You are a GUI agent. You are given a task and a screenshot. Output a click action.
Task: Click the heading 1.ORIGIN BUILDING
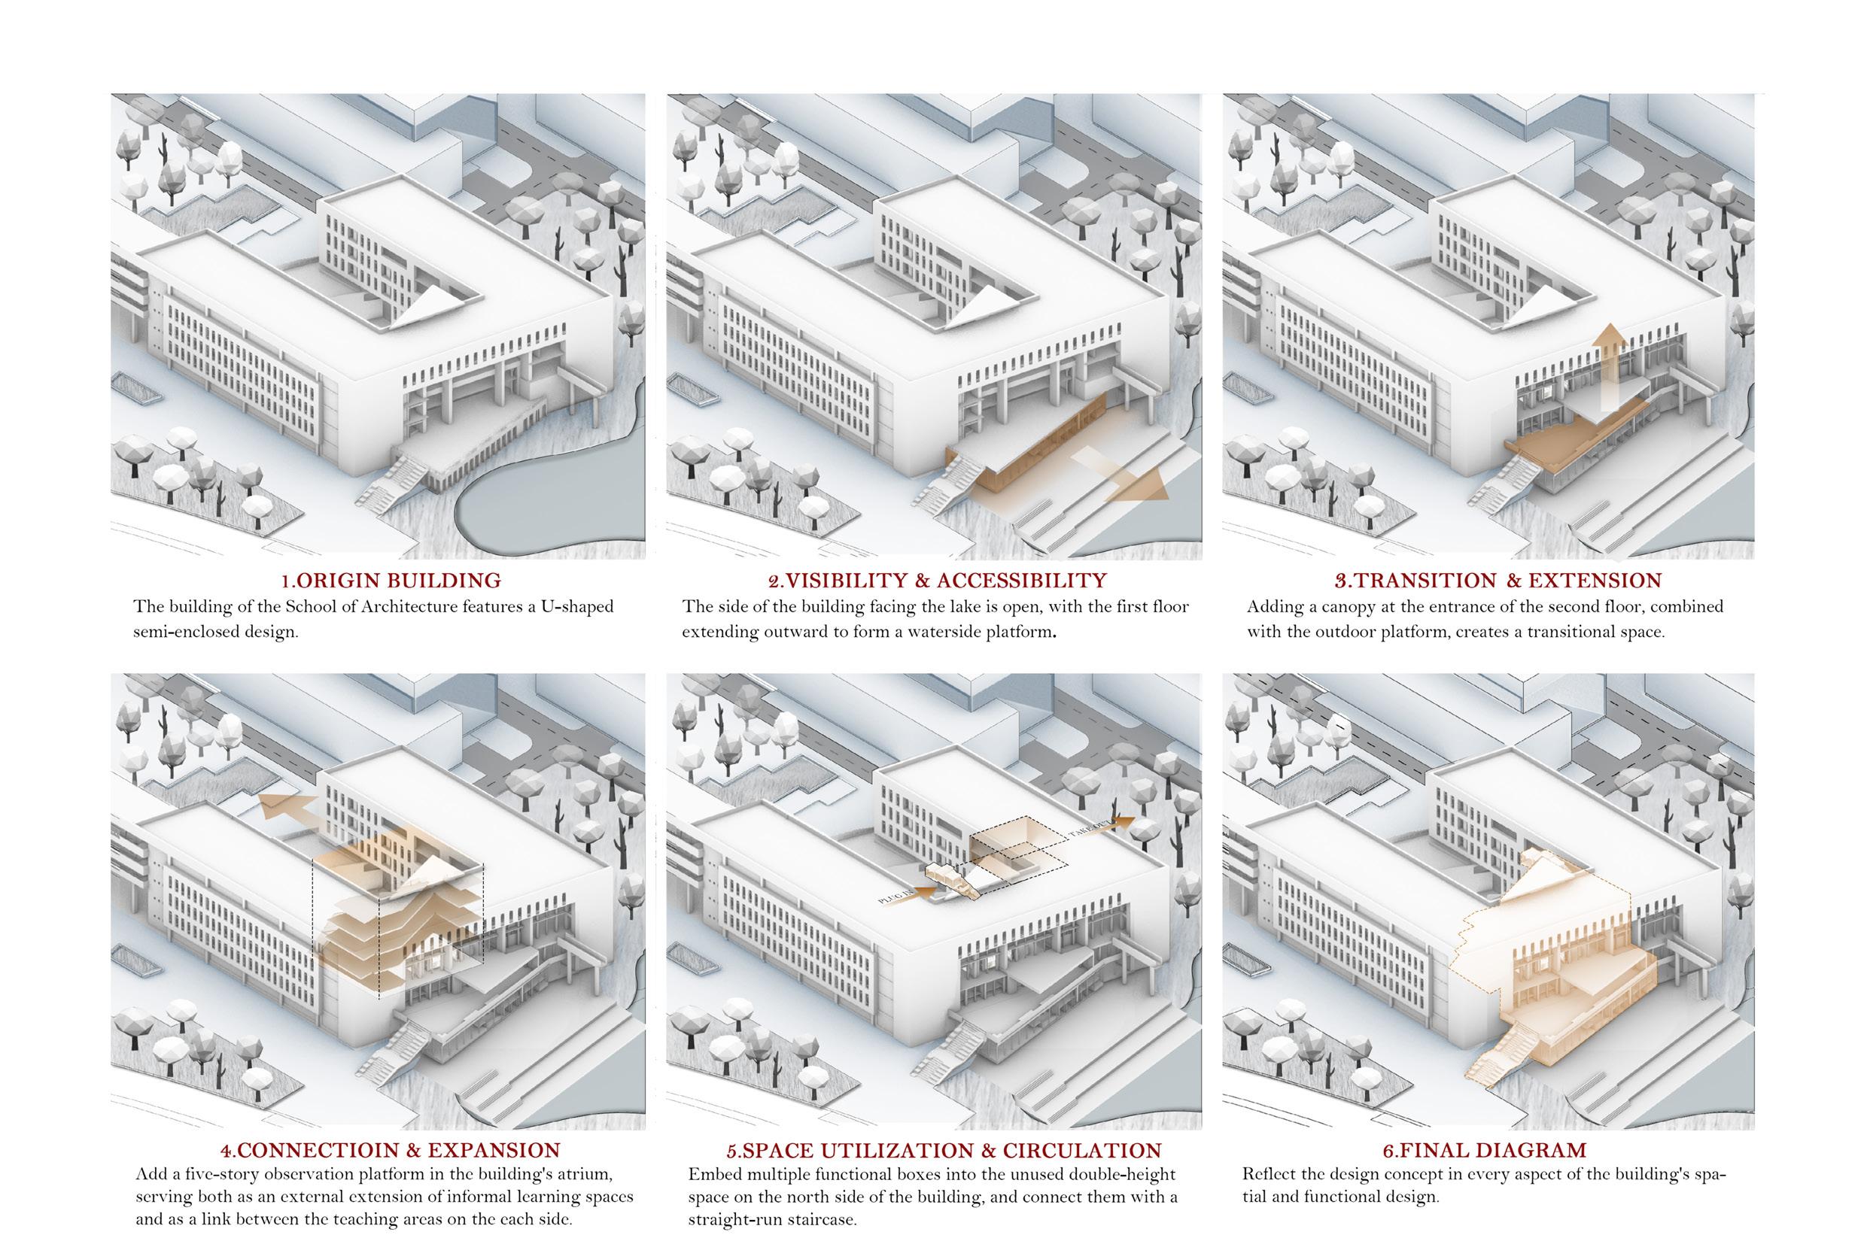click(x=391, y=581)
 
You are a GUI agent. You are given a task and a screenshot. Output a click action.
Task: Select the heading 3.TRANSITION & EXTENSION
click(x=1498, y=581)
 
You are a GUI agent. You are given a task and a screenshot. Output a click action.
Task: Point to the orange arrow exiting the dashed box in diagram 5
click(x=1123, y=820)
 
